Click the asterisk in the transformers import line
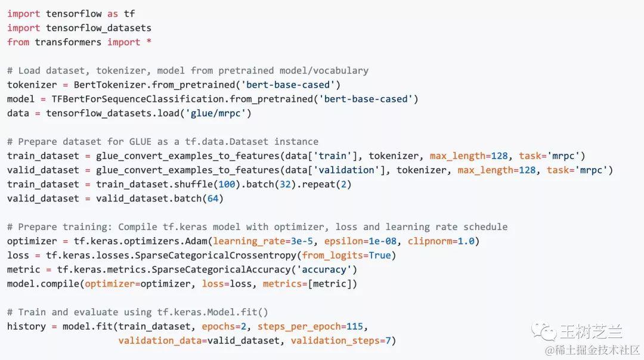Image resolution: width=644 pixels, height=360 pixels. click(x=149, y=42)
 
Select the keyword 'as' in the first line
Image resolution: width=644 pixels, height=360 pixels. click(x=113, y=14)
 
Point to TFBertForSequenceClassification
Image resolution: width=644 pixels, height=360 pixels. click(x=138, y=99)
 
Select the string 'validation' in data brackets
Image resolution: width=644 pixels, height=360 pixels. click(x=345, y=170)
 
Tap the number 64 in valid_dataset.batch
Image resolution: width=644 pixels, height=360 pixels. click(x=212, y=198)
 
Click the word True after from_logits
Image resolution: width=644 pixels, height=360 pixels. click(x=379, y=256)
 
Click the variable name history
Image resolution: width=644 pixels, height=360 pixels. click(x=26, y=327)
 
